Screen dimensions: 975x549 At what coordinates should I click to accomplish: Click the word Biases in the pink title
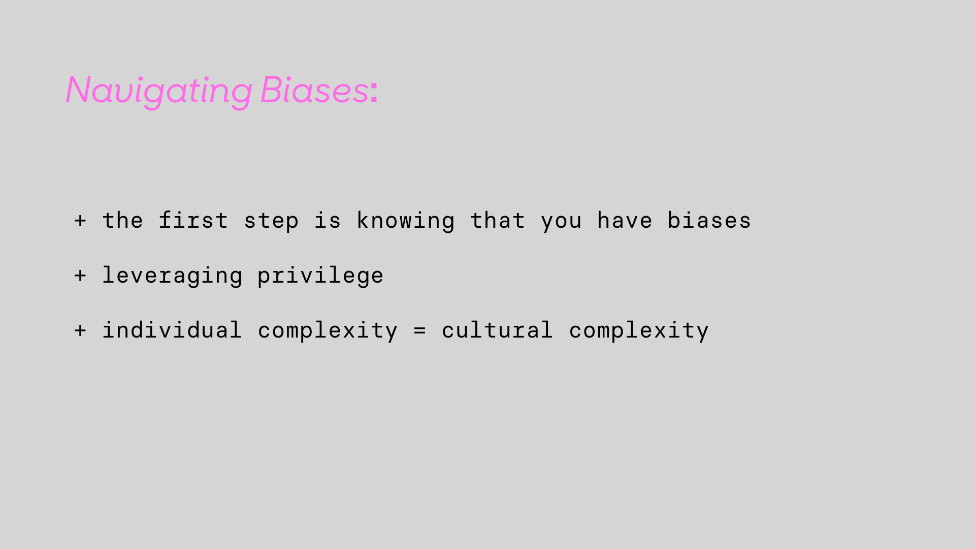tap(314, 90)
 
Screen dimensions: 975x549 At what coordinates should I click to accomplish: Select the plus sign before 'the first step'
tap(80, 221)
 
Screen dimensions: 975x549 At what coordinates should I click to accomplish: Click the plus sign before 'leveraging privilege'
tap(80, 276)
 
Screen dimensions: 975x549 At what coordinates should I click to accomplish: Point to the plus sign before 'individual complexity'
tap(80, 330)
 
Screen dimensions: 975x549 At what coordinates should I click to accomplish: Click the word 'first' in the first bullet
tap(193, 220)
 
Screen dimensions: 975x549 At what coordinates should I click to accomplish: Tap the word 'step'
tap(271, 222)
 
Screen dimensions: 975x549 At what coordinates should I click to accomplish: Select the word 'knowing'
tap(406, 221)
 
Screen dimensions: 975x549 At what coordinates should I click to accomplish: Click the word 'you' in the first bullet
tap(561, 222)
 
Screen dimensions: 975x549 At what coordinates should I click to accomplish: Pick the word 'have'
tap(625, 220)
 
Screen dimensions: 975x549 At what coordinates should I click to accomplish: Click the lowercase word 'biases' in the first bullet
tap(709, 220)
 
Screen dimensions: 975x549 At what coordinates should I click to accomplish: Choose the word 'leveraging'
tap(172, 276)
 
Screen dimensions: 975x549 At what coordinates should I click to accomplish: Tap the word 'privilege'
tap(320, 276)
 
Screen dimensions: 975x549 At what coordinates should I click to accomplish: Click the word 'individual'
tap(172, 330)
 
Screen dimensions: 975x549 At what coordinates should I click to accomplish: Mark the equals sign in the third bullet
tap(419, 331)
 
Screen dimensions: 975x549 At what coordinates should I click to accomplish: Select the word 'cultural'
tap(497, 330)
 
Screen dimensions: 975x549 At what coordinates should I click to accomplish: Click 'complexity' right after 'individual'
tap(328, 331)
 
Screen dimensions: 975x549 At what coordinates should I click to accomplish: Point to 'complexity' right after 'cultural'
tap(639, 331)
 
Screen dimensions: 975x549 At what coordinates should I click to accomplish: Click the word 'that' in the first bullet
tap(497, 220)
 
